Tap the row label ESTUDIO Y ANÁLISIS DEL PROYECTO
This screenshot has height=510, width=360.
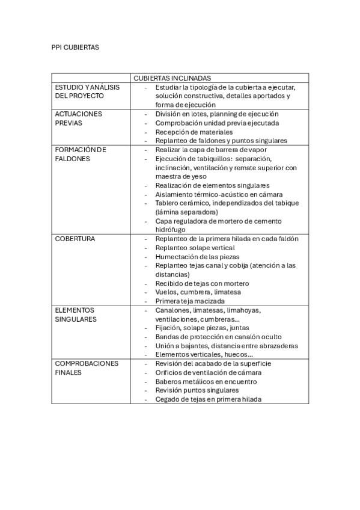tap(87, 91)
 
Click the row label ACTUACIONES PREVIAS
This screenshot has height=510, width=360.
tap(78, 118)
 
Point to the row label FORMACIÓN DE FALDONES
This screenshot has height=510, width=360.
tap(80, 154)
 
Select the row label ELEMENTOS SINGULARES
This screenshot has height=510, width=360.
tap(75, 315)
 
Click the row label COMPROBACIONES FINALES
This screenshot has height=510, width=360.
tap(87, 368)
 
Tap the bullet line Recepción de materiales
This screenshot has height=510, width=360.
tap(194, 132)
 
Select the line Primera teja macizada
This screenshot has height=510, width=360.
tap(190, 301)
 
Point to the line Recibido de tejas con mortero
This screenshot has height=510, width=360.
tap(202, 283)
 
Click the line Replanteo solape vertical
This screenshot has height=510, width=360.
tap(195, 248)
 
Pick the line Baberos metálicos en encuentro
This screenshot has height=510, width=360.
tap(206, 381)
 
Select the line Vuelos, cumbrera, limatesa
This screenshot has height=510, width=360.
tap(197, 292)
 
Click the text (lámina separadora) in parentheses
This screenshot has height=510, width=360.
tap(186, 212)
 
